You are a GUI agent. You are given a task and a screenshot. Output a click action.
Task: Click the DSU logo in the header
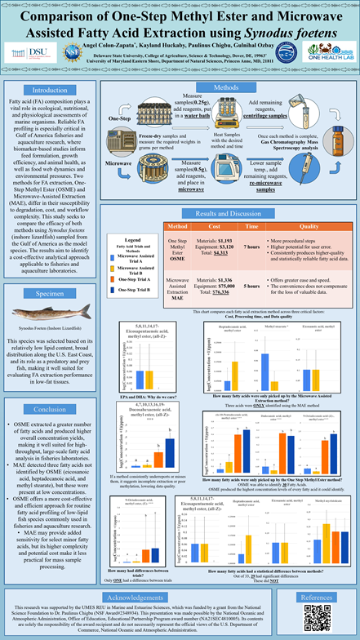24,50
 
